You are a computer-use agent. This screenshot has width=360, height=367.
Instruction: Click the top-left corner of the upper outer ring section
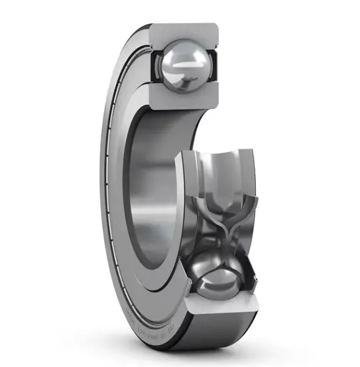tap(151, 27)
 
